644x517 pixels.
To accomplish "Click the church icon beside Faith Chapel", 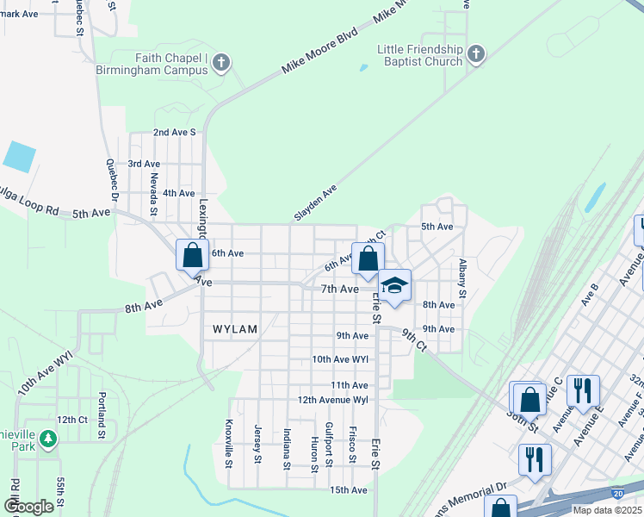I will point(221,63).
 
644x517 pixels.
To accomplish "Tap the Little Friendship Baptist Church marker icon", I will point(475,57).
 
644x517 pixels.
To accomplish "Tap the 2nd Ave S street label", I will point(175,133).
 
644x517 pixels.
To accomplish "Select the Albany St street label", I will point(463,279).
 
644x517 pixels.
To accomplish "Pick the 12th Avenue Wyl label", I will point(332,401).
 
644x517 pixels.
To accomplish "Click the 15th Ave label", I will point(349,490).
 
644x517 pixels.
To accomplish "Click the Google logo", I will point(28,507).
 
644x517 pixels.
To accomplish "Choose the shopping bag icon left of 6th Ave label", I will point(192,256).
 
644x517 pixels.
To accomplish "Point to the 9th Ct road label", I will point(413,340).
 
